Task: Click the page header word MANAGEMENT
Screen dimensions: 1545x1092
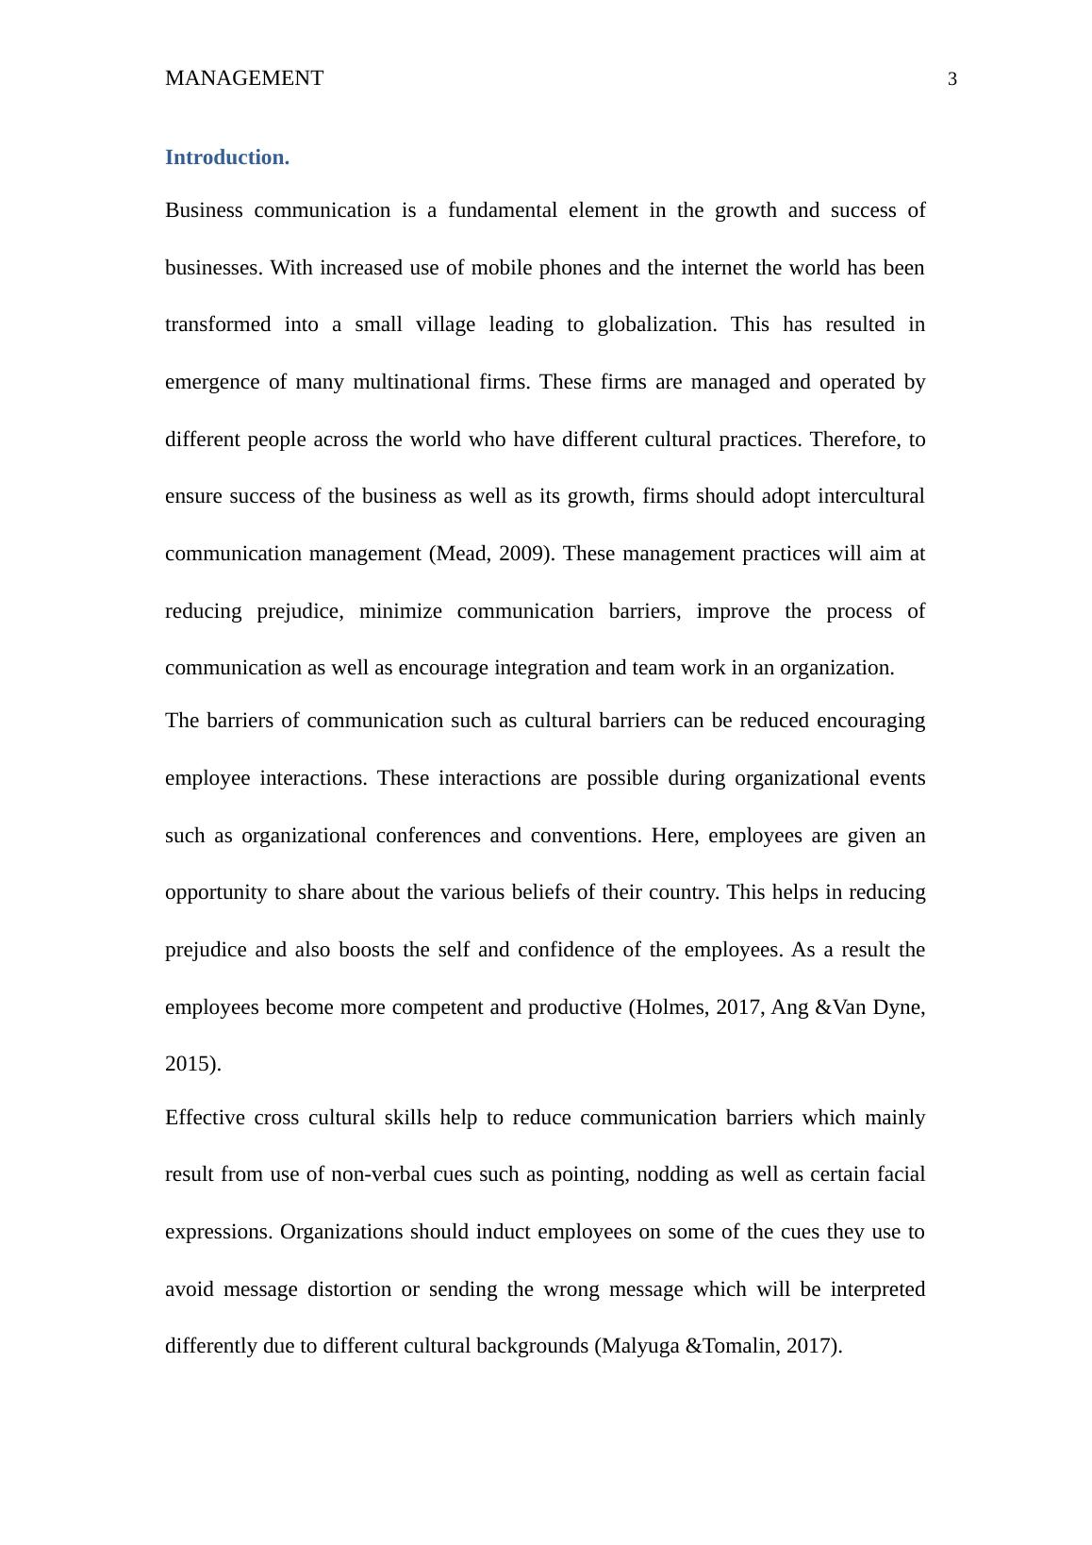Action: click(x=243, y=78)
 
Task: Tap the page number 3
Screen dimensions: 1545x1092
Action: click(x=951, y=79)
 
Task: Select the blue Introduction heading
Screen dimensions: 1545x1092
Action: click(x=226, y=158)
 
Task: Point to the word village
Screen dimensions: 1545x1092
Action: click(x=445, y=324)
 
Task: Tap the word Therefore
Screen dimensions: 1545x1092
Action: click(x=854, y=440)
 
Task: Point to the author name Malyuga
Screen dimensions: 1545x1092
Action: click(x=639, y=1346)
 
